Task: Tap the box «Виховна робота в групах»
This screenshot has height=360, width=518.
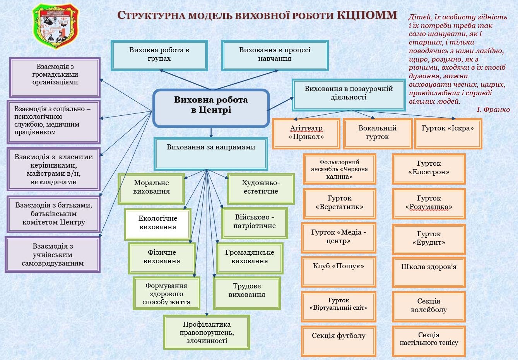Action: pyautogui.click(x=159, y=55)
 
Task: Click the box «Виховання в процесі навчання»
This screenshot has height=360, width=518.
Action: pyautogui.click(x=275, y=55)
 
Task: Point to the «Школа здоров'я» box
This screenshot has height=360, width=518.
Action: pyautogui.click(x=429, y=272)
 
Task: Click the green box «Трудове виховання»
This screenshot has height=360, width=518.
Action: pyautogui.click(x=246, y=293)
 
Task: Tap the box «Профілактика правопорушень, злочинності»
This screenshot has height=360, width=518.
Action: pyautogui.click(x=207, y=333)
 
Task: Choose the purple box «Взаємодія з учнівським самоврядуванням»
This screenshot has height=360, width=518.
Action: pyautogui.click(x=53, y=255)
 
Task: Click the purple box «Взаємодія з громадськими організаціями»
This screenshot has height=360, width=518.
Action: pyautogui.click(x=55, y=77)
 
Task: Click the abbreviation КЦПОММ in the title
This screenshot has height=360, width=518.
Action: pyautogui.click(x=367, y=15)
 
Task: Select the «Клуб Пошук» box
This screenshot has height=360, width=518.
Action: pyautogui.click(x=338, y=272)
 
